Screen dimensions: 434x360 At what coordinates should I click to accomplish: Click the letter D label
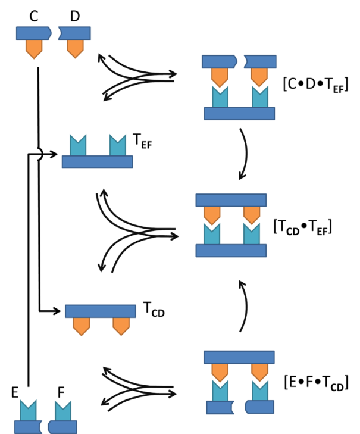(74, 16)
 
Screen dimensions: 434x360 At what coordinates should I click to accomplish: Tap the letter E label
(16, 394)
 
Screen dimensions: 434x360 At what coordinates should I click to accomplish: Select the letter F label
(60, 394)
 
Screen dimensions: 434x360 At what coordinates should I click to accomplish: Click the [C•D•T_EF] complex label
(315, 85)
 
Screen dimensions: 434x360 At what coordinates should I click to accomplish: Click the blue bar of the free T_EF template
(97, 161)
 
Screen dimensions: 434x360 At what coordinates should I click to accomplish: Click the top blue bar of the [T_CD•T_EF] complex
(231, 200)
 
